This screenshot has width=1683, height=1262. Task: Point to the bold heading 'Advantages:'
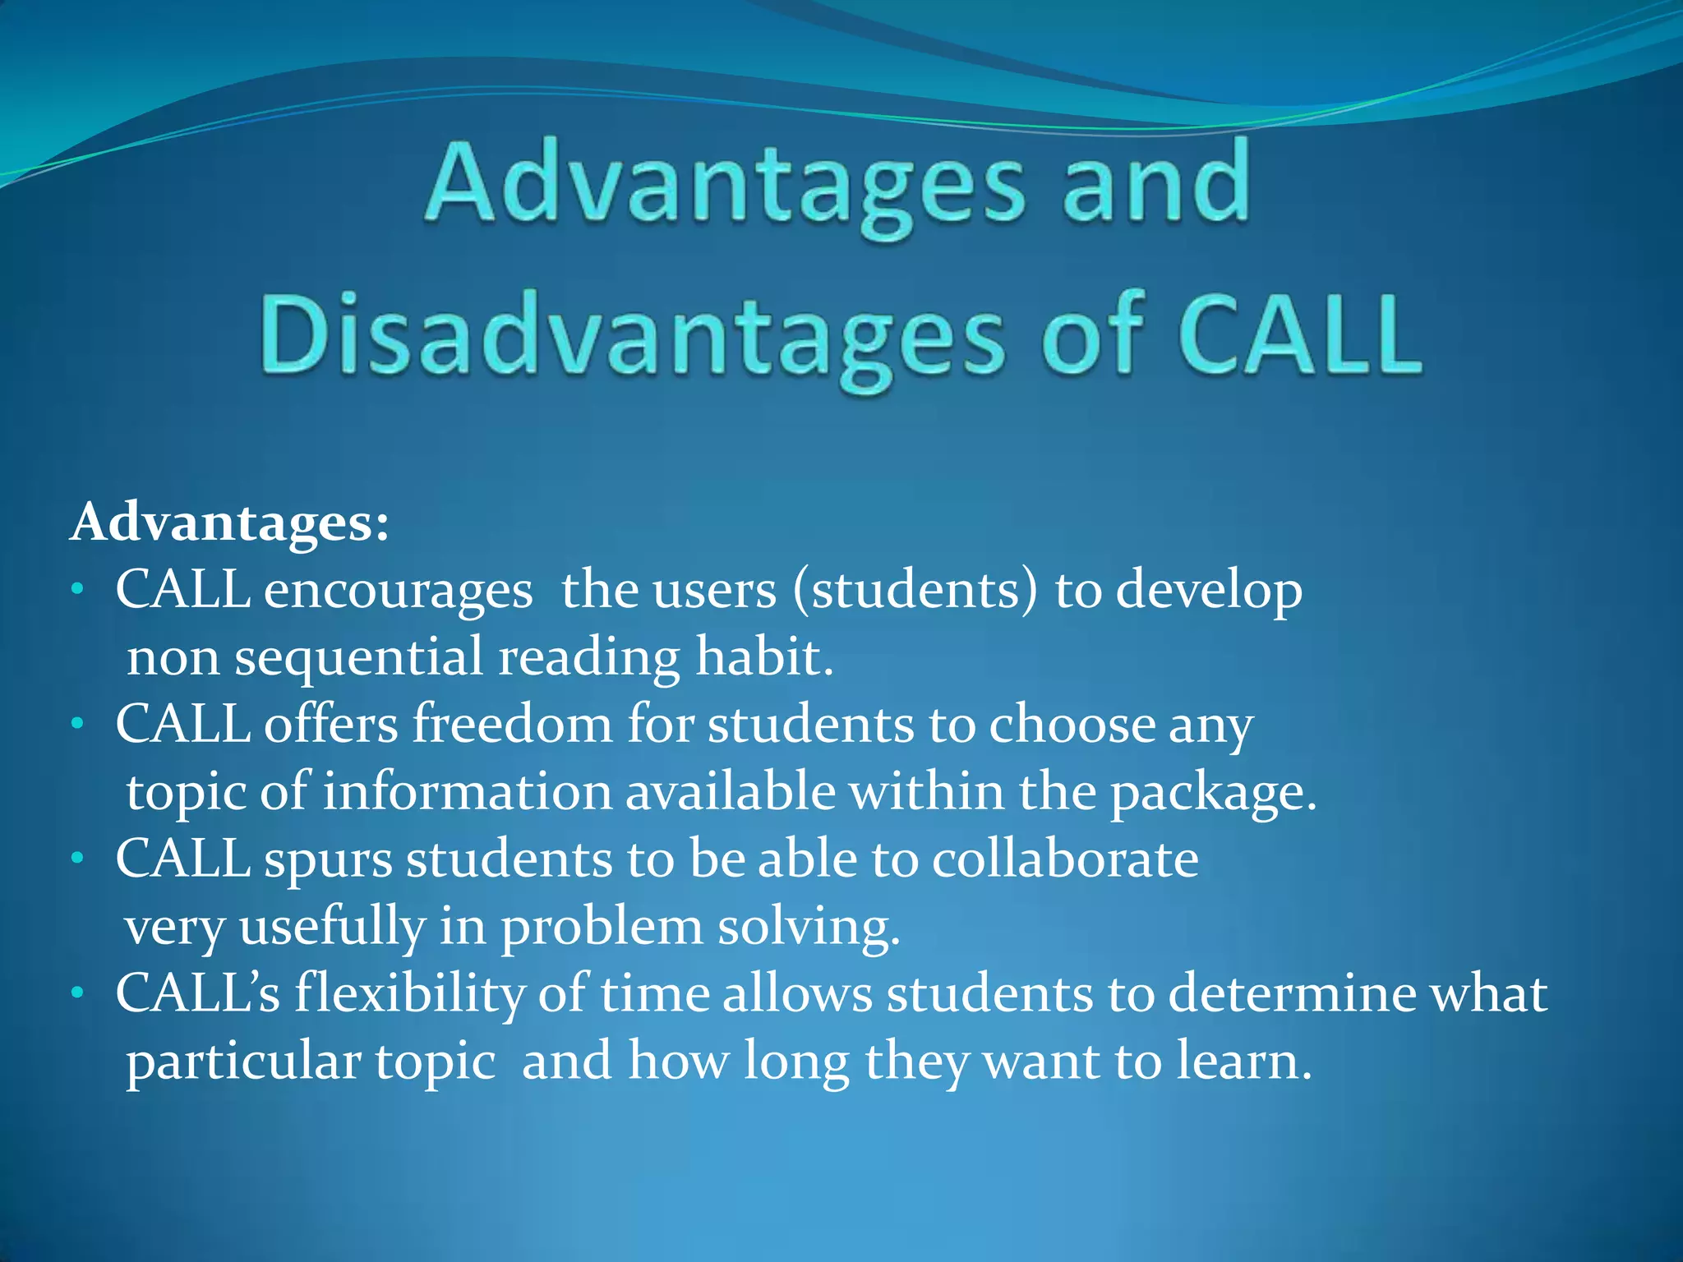(x=229, y=523)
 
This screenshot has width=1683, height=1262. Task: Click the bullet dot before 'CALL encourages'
(x=77, y=589)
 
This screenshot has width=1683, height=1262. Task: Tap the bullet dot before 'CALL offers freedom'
(x=77, y=724)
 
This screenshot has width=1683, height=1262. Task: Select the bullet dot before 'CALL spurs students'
(x=77, y=859)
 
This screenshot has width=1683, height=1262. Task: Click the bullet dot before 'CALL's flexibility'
(x=77, y=993)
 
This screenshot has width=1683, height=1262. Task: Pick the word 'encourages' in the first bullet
(x=398, y=592)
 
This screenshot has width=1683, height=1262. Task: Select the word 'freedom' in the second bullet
(x=512, y=725)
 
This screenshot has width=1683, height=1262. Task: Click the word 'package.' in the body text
(x=1213, y=794)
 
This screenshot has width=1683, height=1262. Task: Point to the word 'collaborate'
(x=1065, y=859)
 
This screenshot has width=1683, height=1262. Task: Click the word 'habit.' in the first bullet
(x=764, y=657)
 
